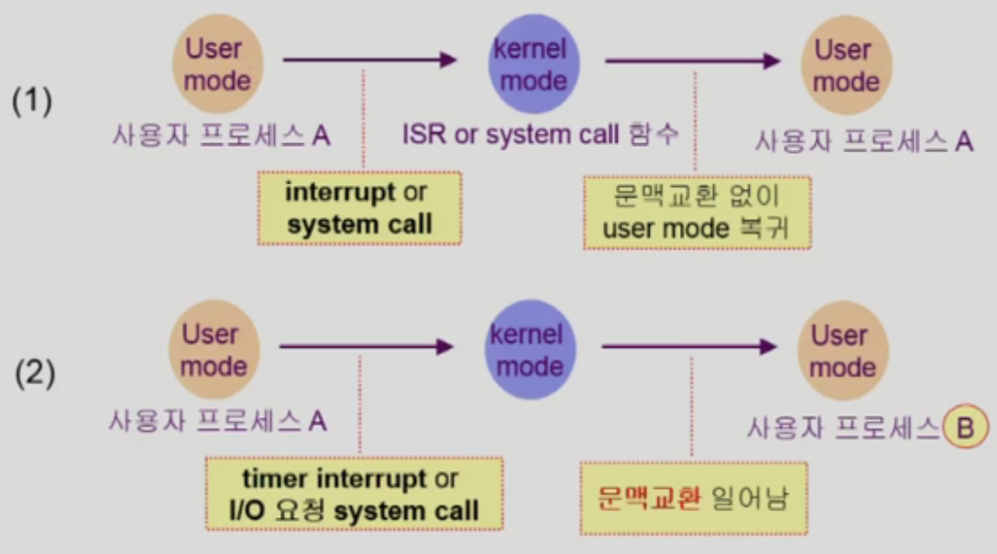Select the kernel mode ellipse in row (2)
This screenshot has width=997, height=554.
click(x=525, y=350)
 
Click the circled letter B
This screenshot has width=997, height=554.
click(x=963, y=427)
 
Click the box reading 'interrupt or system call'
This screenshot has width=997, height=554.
click(x=358, y=208)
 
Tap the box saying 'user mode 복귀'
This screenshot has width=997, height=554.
click(x=697, y=212)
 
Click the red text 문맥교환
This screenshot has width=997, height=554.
click(x=650, y=498)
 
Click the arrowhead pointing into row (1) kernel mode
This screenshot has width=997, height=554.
click(x=447, y=61)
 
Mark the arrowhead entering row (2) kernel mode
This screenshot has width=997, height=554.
click(x=445, y=347)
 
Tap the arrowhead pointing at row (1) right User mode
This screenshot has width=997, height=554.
click(x=772, y=61)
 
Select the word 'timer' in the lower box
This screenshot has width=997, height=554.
click(x=279, y=479)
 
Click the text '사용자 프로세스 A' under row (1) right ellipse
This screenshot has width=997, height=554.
click(x=863, y=141)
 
